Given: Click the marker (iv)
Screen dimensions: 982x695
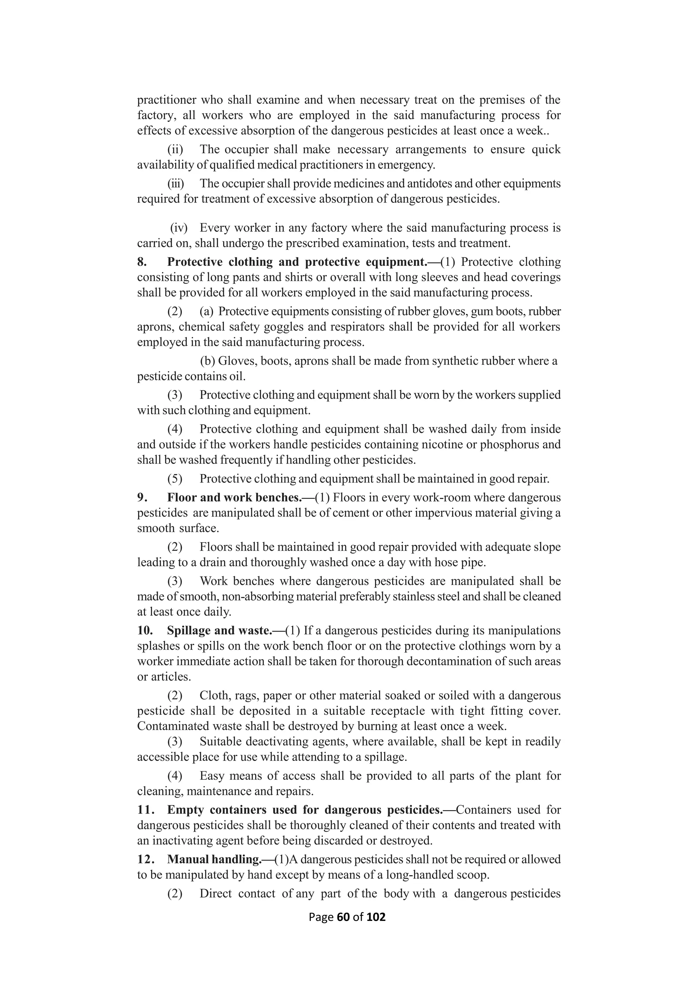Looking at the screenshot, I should pos(179,228).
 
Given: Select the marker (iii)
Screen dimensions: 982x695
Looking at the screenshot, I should pos(175,183).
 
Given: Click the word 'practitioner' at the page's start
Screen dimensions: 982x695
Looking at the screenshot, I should pos(167,100).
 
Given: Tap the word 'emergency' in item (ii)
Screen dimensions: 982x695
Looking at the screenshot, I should pos(405,165).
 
